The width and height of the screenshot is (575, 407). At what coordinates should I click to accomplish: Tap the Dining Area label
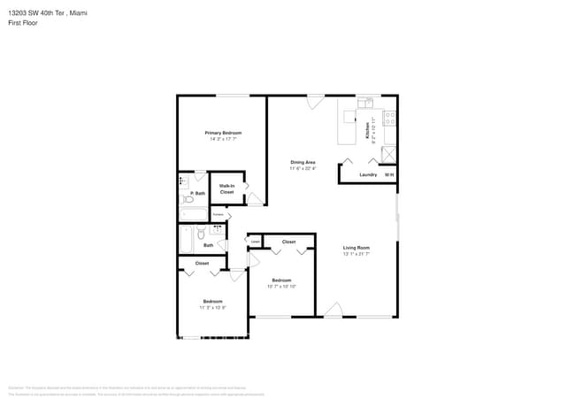pyautogui.click(x=303, y=162)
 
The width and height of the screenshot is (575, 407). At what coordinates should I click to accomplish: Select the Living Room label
pyautogui.click(x=356, y=248)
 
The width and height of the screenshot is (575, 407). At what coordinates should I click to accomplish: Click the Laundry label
pyautogui.click(x=368, y=174)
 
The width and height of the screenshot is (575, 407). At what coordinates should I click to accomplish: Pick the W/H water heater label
pyautogui.click(x=388, y=174)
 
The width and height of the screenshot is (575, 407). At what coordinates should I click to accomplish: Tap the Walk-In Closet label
pyautogui.click(x=226, y=188)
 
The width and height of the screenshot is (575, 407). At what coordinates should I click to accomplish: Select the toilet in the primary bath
pyautogui.click(x=187, y=199)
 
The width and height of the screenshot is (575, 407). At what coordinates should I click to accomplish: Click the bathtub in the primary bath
pyautogui.click(x=194, y=213)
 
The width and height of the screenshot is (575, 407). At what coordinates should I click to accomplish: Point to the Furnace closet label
pyautogui.click(x=218, y=214)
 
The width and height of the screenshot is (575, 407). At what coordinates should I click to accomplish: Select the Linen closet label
pyautogui.click(x=255, y=241)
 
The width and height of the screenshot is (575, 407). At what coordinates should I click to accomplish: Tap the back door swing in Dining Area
pyautogui.click(x=313, y=103)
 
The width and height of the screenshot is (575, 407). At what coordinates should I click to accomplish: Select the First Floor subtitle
pyautogui.click(x=24, y=23)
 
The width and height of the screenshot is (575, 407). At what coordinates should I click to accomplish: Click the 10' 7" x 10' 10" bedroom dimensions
pyautogui.click(x=281, y=287)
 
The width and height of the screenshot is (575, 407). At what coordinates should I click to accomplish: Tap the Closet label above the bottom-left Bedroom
pyautogui.click(x=202, y=263)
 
